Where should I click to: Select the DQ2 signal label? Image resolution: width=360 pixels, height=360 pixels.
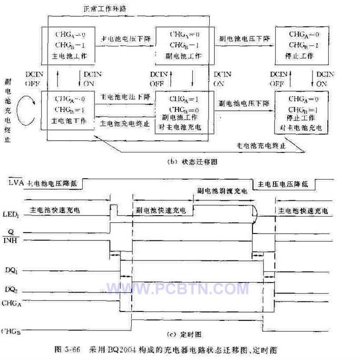pos(14,289)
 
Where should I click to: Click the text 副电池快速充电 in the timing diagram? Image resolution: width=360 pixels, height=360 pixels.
pos(163,209)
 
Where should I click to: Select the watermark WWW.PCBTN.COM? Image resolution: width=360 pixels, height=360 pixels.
pos(178,289)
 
